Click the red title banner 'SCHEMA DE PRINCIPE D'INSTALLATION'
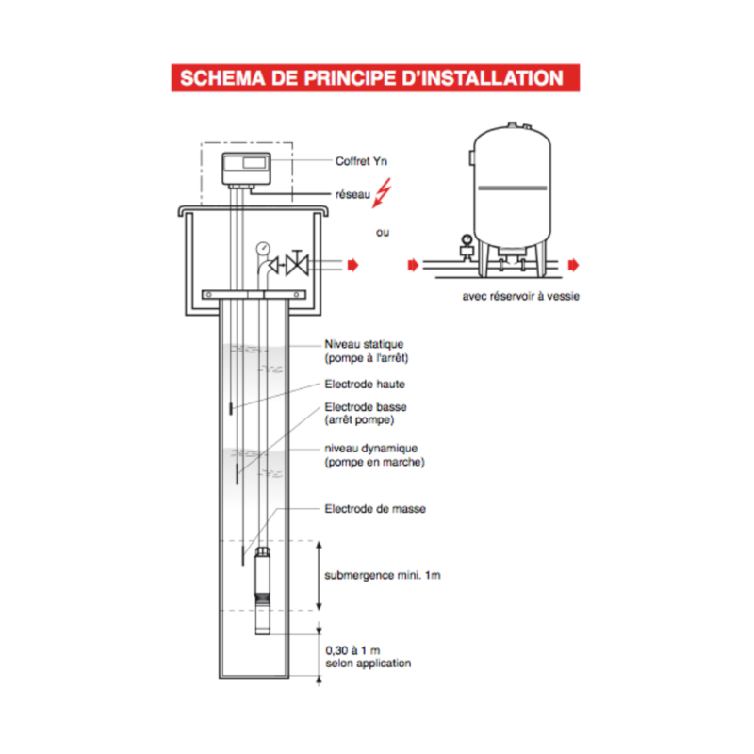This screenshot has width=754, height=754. click(375, 78)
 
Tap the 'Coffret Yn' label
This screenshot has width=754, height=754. click(361, 161)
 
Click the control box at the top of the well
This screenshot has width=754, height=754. click(246, 169)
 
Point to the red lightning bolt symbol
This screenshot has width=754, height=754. click(383, 193)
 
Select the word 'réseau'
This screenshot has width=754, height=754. click(352, 194)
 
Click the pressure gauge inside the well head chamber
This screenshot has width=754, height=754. click(263, 248)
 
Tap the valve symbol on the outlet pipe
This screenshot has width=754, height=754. click(297, 264)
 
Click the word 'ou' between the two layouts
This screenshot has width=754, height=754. click(383, 232)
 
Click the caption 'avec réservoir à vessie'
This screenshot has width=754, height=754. click(521, 296)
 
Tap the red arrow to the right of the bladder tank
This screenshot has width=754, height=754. click(573, 265)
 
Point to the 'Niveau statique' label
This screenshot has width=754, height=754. click(364, 344)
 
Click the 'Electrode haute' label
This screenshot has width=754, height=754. click(365, 385)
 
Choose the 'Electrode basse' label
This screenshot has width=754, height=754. click(366, 407)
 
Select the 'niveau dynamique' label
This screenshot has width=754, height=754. click(370, 449)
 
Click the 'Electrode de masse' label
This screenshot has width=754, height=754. click(375, 509)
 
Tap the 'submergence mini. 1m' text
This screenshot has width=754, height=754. click(383, 576)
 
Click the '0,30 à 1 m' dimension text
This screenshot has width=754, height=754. click(352, 650)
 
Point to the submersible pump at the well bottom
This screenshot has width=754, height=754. click(262, 591)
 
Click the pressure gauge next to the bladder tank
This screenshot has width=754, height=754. click(467, 239)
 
